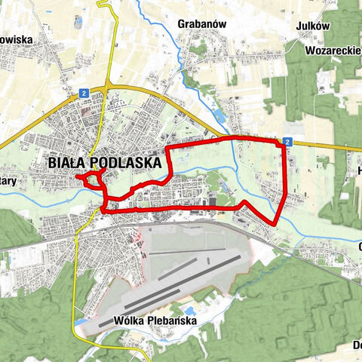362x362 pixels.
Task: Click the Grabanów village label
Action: (203, 23)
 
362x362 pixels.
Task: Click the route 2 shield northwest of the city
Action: (84, 92)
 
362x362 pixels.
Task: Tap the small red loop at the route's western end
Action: (92, 179)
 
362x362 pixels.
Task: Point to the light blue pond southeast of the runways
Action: (189, 311)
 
